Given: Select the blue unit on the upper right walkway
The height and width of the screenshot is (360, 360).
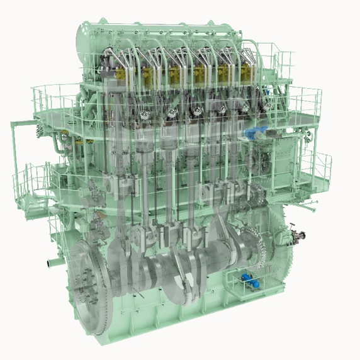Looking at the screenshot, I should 257,133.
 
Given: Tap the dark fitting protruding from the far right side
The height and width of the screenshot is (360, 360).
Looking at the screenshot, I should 301,237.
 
